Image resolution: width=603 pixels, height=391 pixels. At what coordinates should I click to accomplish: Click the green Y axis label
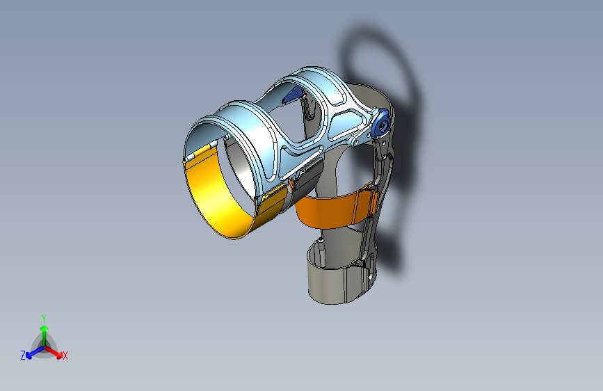(x=44, y=317)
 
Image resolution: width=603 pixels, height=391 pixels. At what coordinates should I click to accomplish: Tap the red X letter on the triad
(x=65, y=356)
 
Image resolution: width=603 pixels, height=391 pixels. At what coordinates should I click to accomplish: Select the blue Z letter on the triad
(x=23, y=355)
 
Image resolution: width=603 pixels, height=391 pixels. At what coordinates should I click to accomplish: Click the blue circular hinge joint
(x=380, y=125)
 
